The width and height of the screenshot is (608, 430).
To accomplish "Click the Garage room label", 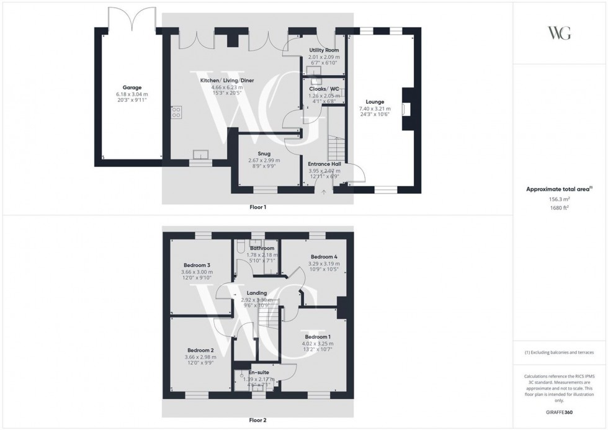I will coord(132,87).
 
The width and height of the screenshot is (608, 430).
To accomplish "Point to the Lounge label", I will coord(375,102).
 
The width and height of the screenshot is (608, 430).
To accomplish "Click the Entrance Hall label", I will coord(325,164).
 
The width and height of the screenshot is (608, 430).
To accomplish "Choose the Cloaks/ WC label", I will coord(324,89).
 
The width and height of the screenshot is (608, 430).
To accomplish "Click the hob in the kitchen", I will coord(176,112).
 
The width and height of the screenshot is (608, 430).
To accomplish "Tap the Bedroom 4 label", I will coord(323,257).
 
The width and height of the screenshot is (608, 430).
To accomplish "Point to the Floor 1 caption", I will coord(257,207).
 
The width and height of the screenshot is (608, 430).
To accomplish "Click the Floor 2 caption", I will coord(257,420).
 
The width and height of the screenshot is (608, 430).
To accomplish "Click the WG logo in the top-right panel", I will coord(560,34).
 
